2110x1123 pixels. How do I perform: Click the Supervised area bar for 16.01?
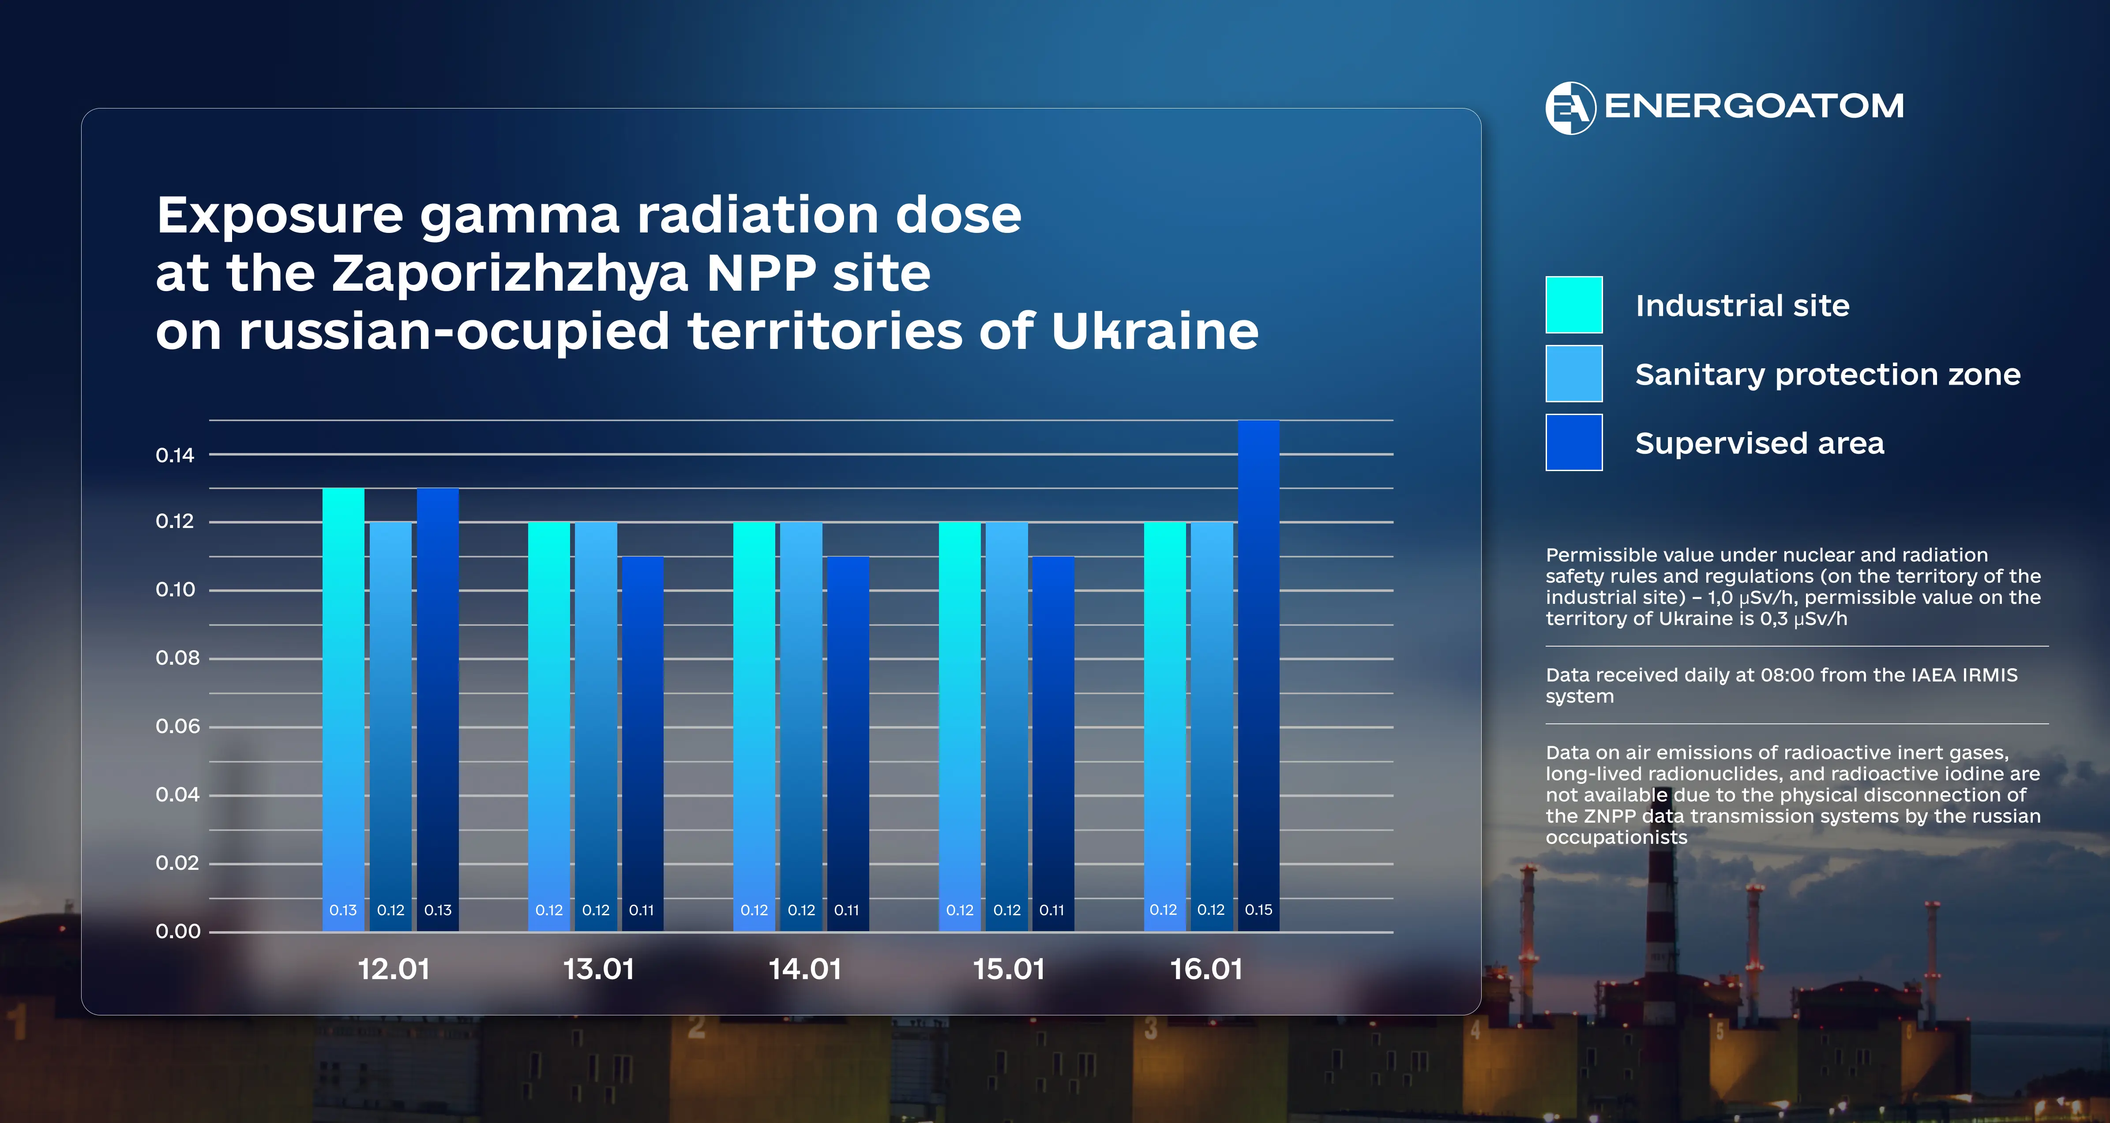tap(1258, 672)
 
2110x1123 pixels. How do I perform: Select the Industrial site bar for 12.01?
tap(343, 704)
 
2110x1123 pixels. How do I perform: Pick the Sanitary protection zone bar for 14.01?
tap(801, 721)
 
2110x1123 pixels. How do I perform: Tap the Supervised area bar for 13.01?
tap(642, 737)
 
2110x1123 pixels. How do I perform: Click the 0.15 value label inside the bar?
tap(1258, 909)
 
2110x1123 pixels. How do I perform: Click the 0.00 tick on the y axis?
tap(178, 931)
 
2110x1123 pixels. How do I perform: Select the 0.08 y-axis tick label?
tap(177, 658)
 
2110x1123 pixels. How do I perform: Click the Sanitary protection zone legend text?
tap(1828, 374)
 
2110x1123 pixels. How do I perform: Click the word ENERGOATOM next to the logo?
tap(1753, 106)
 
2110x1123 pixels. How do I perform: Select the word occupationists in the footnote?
tap(1616, 837)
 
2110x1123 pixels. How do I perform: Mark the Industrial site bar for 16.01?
tap(1164, 721)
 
